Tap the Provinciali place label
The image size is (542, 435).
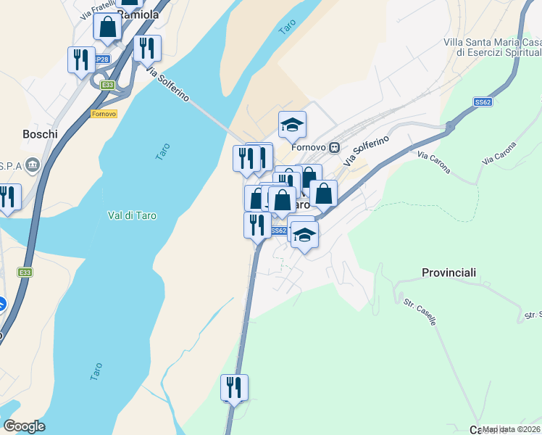[x=449, y=273]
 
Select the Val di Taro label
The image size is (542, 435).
[x=132, y=215]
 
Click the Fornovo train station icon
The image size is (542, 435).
[x=334, y=147]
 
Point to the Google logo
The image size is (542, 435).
[x=24, y=426]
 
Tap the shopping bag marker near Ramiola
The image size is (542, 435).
[x=107, y=28]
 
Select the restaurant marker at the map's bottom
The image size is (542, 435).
[x=234, y=387]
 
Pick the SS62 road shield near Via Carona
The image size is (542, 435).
[x=483, y=102]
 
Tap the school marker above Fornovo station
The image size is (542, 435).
[x=292, y=125]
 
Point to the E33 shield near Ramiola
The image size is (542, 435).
[x=108, y=85]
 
